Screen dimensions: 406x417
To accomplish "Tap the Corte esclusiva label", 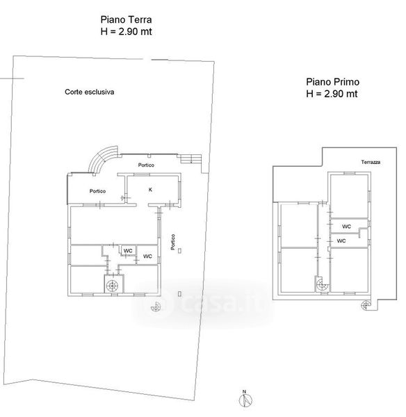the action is point(90,92).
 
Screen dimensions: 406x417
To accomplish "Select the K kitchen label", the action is point(150,190).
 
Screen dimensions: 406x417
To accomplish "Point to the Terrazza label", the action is point(371,162).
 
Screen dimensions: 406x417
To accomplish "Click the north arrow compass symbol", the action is point(245,400).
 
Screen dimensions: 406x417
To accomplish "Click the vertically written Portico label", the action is point(173,242).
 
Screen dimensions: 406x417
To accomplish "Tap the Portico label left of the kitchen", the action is point(97,191).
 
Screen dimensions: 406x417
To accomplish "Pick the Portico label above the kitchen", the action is point(146,165).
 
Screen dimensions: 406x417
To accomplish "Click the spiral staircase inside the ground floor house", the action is point(112,286).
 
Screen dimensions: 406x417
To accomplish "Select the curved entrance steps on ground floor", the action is point(102,158).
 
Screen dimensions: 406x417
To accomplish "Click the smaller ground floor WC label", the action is point(128,251).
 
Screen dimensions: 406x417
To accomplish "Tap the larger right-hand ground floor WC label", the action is point(147,256).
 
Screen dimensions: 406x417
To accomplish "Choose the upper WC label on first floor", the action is point(346,227).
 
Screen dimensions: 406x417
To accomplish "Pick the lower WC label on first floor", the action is point(341,240).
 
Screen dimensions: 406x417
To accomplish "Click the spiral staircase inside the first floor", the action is point(323,285).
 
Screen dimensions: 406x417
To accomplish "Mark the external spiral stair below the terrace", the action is point(366,305).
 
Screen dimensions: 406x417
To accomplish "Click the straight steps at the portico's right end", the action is point(190,159).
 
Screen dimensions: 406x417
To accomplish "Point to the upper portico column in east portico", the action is point(180,250).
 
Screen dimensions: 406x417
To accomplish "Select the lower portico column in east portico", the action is point(180,293).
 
